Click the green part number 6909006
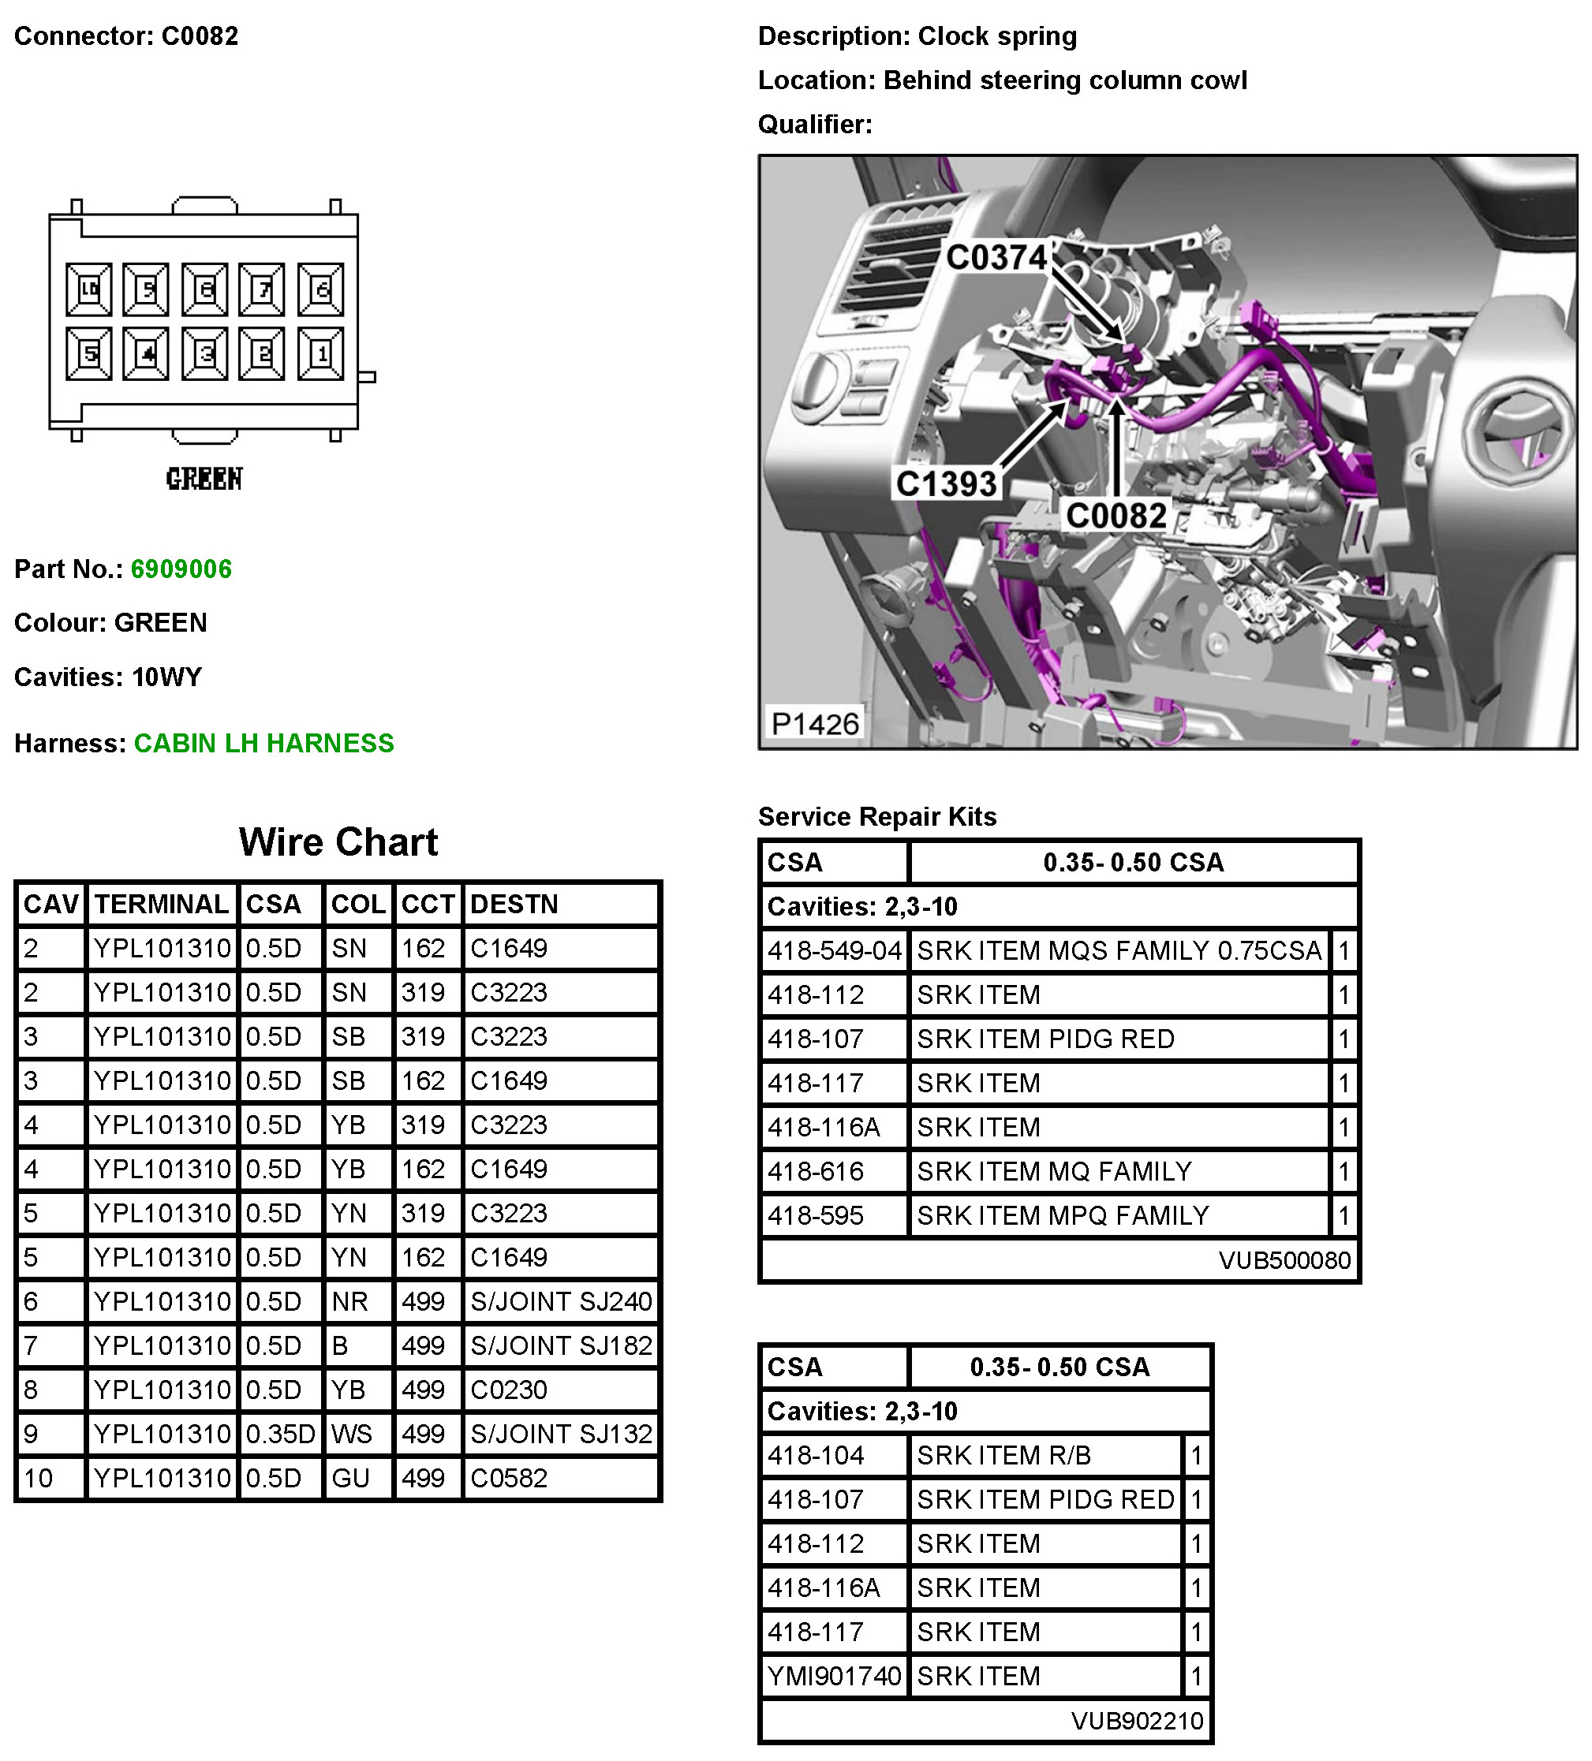coord(181,569)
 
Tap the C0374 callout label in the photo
coord(996,257)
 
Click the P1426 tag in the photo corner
coord(814,723)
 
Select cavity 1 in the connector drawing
coord(320,354)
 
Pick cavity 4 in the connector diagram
coord(146,354)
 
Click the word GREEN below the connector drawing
coord(204,479)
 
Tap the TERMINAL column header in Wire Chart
coord(161,903)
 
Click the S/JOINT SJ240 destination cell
coord(560,1300)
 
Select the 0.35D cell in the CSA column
coord(279,1434)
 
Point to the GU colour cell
coord(350,1478)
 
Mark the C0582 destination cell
coord(509,1478)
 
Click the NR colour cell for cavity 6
coord(349,1300)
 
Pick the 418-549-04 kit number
coord(834,950)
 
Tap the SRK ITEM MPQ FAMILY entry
coord(1062,1215)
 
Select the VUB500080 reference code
coord(1284,1259)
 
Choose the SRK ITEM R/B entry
coord(1003,1454)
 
